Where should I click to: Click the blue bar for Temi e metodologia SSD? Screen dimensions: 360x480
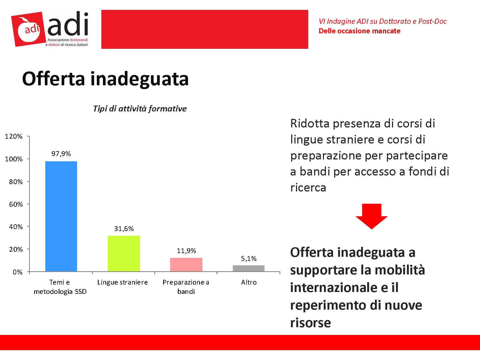coord(61,216)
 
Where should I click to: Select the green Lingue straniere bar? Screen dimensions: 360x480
coord(124,253)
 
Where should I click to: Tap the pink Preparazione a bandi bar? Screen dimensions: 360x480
coord(186,265)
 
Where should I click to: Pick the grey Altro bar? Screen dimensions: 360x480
coord(249,268)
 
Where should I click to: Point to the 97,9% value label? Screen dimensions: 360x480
coord(61,154)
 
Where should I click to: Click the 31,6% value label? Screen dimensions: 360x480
coord(124,229)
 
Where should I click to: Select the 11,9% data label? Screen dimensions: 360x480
coord(186,251)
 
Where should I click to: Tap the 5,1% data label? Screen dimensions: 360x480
coord(249,258)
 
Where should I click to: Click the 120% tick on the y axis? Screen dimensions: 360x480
coord(14,137)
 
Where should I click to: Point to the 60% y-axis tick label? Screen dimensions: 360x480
coord(16,204)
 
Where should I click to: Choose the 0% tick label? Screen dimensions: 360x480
coord(18,272)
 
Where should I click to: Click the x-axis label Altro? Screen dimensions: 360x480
coord(249,282)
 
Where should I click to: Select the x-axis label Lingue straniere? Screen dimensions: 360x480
coord(122,282)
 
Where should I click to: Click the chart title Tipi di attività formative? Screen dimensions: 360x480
coord(140,109)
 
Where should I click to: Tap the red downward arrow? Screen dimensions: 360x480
coord(371,216)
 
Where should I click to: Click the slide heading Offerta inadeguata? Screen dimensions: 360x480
coord(105,79)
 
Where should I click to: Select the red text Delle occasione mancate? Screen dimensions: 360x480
coord(359,31)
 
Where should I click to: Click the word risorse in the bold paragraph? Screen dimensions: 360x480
coord(310,323)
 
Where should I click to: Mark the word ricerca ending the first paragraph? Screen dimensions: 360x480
coord(308,187)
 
